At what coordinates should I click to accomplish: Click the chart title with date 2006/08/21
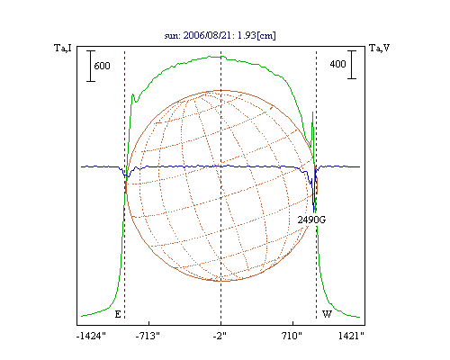pyautogui.click(x=220, y=35)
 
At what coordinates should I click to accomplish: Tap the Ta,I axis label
pyautogui.click(x=63, y=48)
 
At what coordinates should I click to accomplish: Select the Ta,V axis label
pyautogui.click(x=380, y=48)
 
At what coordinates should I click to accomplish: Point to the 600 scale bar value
pyautogui.click(x=102, y=66)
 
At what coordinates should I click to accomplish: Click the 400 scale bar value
pyautogui.click(x=337, y=64)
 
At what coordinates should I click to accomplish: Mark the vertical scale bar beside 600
pyautogui.click(x=91, y=66)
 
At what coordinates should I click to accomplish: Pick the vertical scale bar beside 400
pyautogui.click(x=352, y=65)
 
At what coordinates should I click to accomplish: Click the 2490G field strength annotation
pyautogui.click(x=311, y=220)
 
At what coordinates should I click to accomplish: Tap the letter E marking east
pyautogui.click(x=118, y=314)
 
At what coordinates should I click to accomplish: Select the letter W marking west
pyautogui.click(x=327, y=314)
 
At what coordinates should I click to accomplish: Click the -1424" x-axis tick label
pyautogui.click(x=91, y=336)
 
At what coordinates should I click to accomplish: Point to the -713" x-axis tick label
pyautogui.click(x=148, y=336)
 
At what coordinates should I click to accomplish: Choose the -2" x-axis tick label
pyautogui.click(x=220, y=336)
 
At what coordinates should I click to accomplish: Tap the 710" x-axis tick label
pyautogui.click(x=292, y=336)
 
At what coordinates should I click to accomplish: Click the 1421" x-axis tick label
pyautogui.click(x=351, y=336)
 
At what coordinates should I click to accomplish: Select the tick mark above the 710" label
pyautogui.click(x=292, y=323)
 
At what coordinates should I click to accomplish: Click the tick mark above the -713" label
pyautogui.click(x=148, y=323)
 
